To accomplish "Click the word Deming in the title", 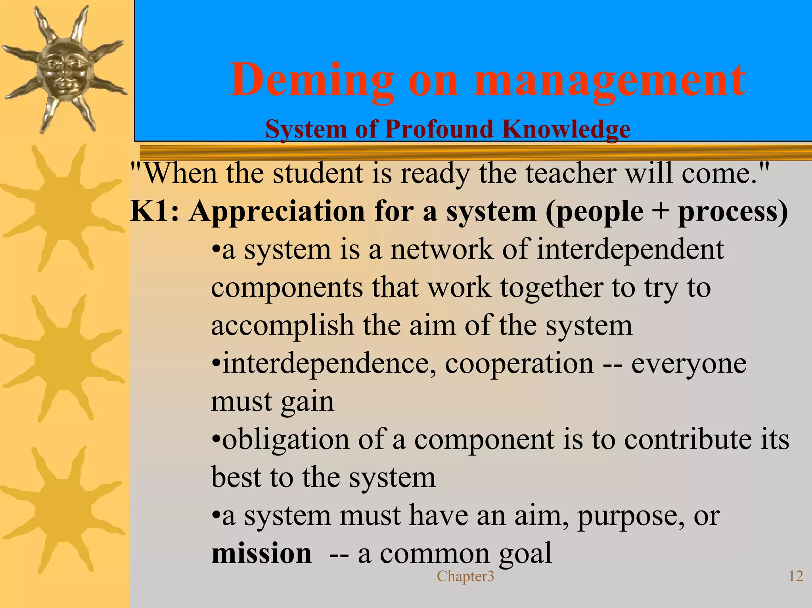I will point(312,80).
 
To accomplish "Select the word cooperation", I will point(519,364).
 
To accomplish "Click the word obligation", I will point(285,440).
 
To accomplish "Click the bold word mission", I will point(261,553).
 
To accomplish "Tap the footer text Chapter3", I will point(465,576).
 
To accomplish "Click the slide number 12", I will point(796,576).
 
